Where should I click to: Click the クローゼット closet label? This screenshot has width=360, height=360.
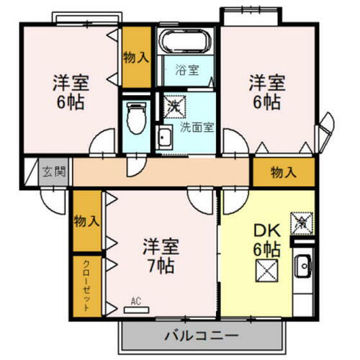click(86, 284)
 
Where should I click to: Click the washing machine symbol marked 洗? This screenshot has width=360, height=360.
click(175, 105)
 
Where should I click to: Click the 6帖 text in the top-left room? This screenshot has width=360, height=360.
click(71, 101)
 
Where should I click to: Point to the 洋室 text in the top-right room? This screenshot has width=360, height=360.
click(267, 81)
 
